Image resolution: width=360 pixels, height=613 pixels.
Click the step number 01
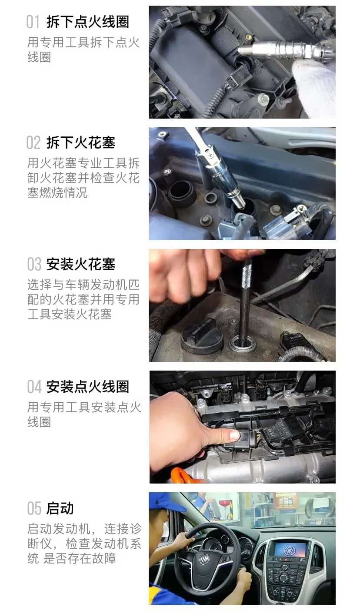33,21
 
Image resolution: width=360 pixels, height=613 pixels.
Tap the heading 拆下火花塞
80,142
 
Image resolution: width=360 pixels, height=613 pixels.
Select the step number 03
34,264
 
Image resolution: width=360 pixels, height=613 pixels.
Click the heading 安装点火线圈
87,386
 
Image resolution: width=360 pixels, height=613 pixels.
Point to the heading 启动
60,508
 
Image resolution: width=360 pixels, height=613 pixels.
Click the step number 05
34,508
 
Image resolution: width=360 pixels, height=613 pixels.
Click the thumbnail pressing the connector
233,434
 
